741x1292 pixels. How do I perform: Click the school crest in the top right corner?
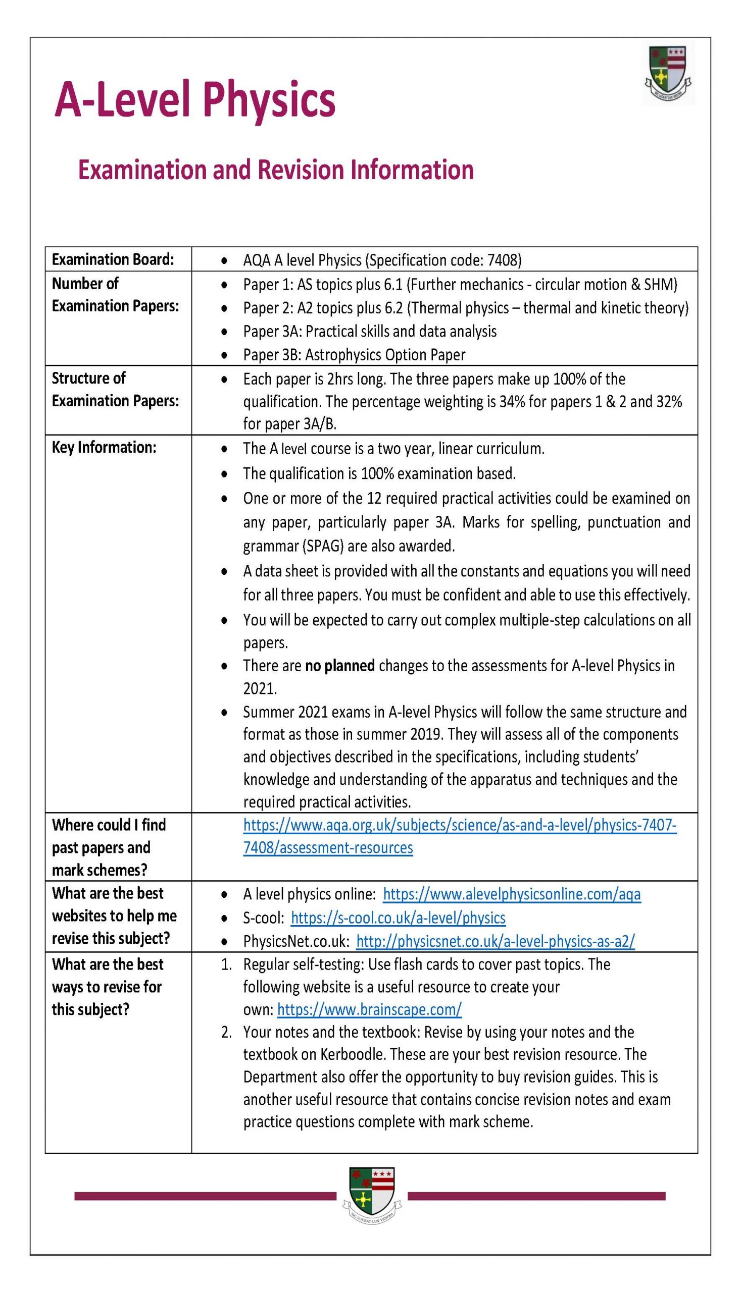(668, 74)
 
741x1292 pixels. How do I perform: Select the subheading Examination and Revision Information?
(275, 170)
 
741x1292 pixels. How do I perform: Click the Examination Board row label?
(113, 260)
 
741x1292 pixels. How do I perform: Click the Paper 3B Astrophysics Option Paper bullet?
(354, 354)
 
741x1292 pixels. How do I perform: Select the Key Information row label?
(104, 448)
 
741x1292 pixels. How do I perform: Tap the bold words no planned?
(339, 666)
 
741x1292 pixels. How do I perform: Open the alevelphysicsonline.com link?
(512, 894)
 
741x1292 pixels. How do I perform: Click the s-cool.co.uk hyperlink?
(398, 918)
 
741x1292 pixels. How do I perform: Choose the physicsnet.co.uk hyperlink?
(495, 941)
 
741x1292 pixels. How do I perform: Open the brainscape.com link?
(369, 1009)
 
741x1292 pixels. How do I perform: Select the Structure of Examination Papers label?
(115, 390)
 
